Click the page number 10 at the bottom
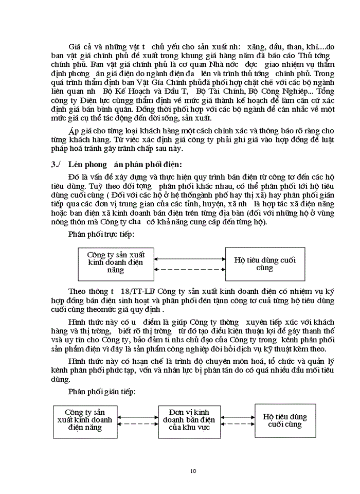pyautogui.click(x=193, y=471)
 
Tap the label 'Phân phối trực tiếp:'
pyautogui.click(x=101, y=234)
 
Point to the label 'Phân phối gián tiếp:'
pyautogui.click(x=101, y=392)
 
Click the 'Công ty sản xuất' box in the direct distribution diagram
pyautogui.click(x=116, y=262)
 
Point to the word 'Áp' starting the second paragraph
pyautogui.click(x=74, y=131)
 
